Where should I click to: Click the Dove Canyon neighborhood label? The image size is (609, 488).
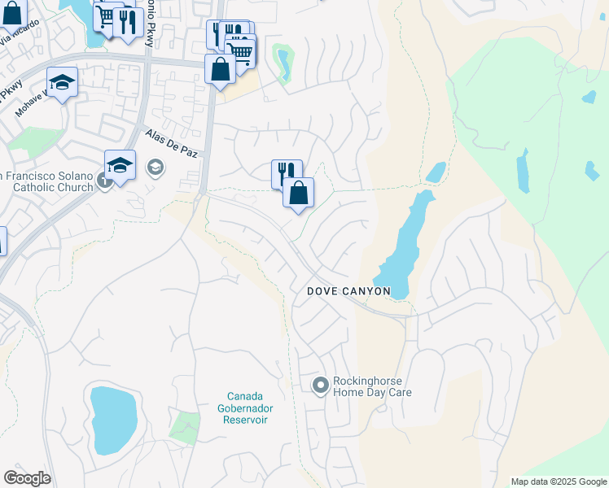coord(348,291)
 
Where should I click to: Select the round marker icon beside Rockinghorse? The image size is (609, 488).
coord(320,385)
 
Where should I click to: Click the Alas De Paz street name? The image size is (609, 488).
coord(171,144)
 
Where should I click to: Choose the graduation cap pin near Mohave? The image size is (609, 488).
coord(62,83)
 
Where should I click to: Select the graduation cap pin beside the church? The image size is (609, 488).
coord(120,166)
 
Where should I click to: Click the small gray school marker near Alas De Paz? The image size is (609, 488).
coord(154,168)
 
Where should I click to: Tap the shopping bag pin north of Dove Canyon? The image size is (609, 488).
coord(299,194)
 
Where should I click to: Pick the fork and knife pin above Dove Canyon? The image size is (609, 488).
coord(286,173)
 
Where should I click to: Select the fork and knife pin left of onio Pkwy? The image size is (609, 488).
coord(128,22)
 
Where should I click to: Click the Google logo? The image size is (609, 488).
coord(27,478)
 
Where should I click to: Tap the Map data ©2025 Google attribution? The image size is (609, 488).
coord(558,481)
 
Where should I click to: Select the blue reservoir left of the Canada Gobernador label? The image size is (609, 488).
coord(113,420)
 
